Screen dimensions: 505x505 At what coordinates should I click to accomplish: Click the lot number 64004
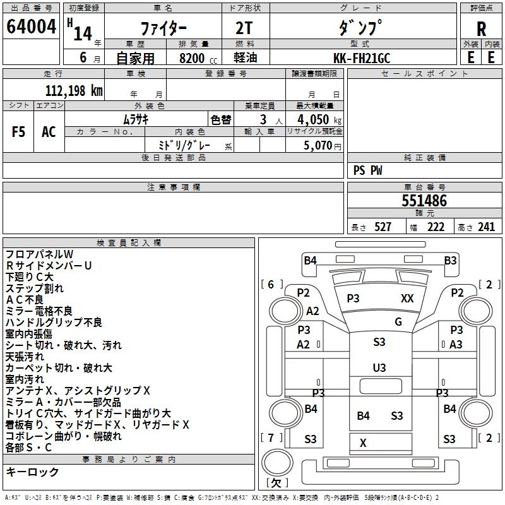31,27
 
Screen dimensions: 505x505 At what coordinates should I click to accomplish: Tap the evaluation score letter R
481,28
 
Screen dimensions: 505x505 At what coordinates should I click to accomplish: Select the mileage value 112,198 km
74,91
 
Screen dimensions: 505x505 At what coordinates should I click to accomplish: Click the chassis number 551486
424,201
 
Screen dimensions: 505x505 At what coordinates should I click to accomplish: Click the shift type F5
19,132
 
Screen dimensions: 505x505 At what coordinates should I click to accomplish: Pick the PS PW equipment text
367,170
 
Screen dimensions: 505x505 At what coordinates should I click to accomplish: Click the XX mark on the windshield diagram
407,299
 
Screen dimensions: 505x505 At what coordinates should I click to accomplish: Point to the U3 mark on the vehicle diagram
379,367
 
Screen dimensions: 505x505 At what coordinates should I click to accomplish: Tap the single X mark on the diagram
363,443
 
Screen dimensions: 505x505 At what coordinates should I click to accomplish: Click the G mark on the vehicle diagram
398,322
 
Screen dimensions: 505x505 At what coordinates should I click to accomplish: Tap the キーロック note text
32,472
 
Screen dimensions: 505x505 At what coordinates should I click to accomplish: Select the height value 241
485,227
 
